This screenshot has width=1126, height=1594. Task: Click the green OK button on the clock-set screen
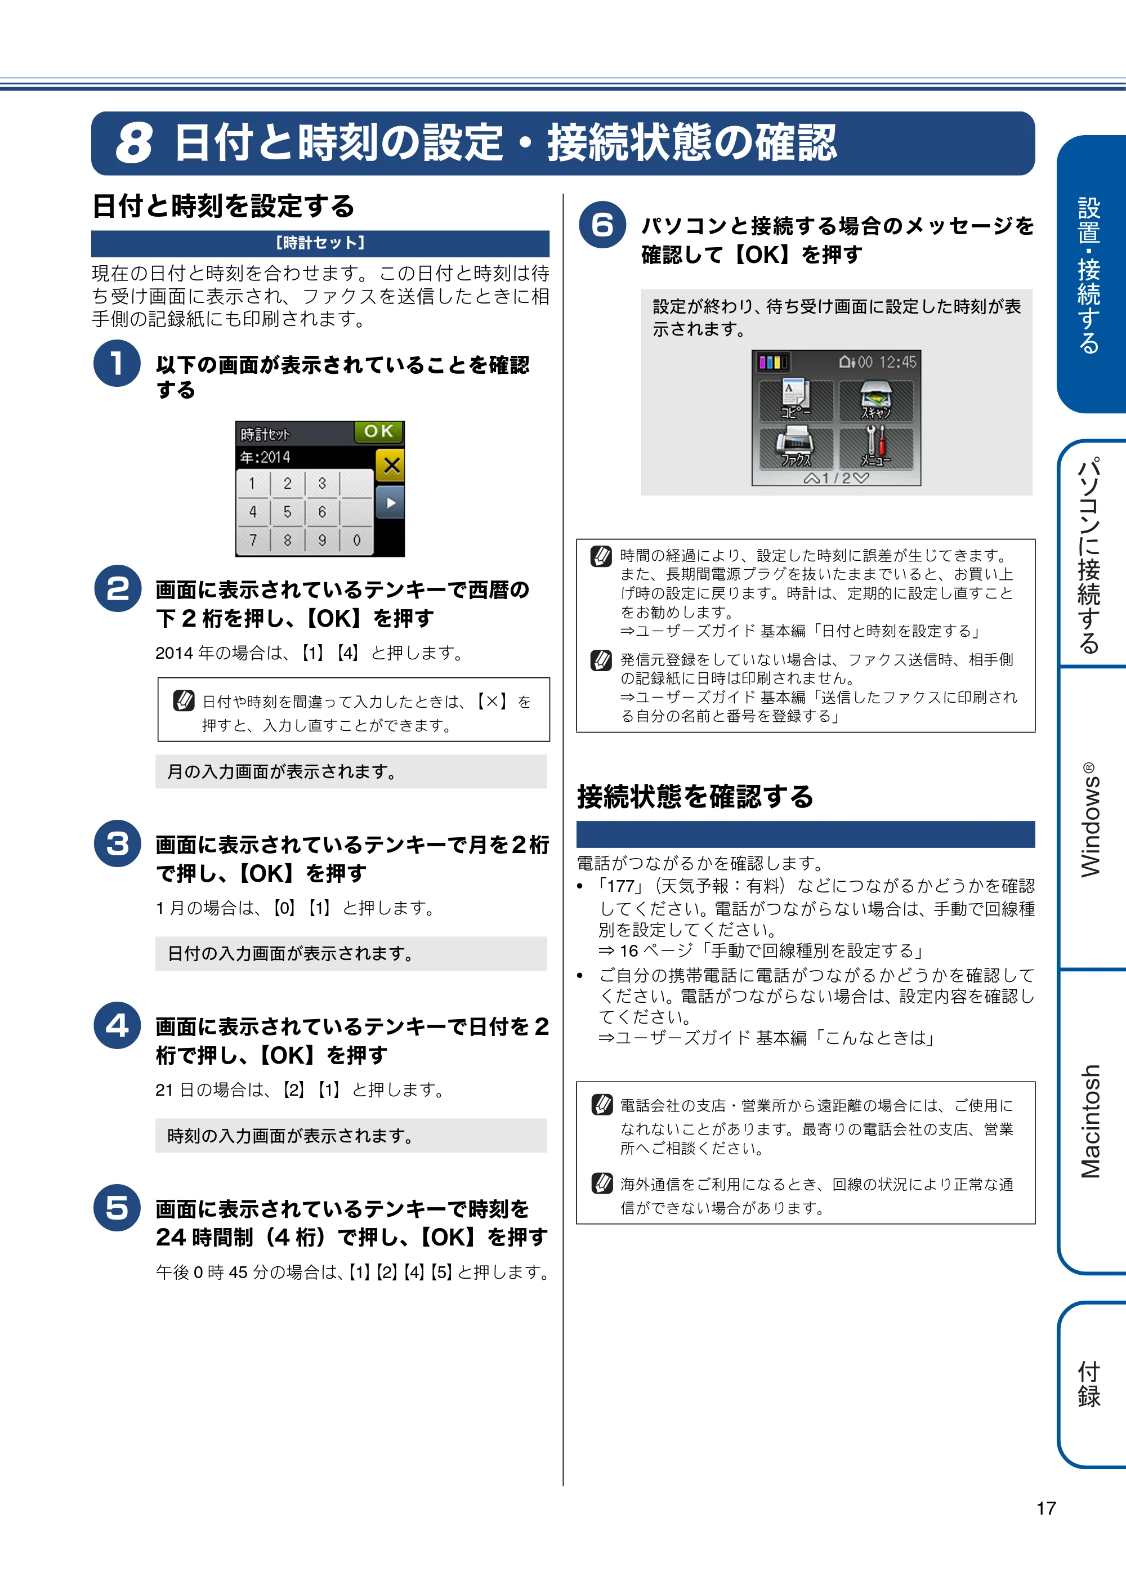[378, 431]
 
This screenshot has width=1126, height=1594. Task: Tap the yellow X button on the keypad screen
[391, 465]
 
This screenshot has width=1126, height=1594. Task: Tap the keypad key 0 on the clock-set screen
[357, 540]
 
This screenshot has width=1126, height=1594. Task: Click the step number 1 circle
[117, 363]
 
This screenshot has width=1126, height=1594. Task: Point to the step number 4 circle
[117, 1025]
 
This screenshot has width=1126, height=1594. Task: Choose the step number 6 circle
[602, 225]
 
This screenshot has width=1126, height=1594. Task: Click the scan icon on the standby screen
[876, 400]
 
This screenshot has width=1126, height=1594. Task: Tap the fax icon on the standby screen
[796, 448]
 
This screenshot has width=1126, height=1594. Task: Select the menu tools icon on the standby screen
[876, 448]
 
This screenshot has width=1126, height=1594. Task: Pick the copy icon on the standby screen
[796, 400]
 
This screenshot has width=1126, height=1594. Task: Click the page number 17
[1046, 1508]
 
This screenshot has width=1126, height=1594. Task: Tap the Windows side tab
[1090, 819]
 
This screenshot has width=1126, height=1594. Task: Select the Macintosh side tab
[1090, 1121]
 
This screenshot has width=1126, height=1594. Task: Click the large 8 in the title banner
[134, 144]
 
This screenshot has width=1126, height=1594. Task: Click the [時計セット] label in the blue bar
[320, 243]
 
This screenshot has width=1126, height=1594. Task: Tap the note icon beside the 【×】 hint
[184, 700]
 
